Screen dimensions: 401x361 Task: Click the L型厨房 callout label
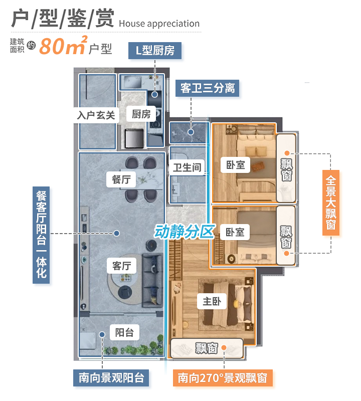point(154,51)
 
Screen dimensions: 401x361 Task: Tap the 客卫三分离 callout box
point(208,89)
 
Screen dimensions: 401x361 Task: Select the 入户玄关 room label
point(96,115)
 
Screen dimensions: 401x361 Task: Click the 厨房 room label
point(141,114)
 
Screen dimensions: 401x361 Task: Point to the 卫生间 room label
point(187,167)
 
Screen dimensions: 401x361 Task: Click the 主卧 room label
point(212,301)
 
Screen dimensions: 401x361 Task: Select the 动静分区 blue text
point(184,232)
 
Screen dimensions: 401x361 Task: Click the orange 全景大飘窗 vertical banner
point(331,202)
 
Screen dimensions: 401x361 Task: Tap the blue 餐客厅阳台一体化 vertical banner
point(41,233)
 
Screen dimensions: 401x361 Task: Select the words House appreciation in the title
point(159,24)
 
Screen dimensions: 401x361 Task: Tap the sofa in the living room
point(152,281)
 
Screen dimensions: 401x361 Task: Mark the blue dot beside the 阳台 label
point(102,334)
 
